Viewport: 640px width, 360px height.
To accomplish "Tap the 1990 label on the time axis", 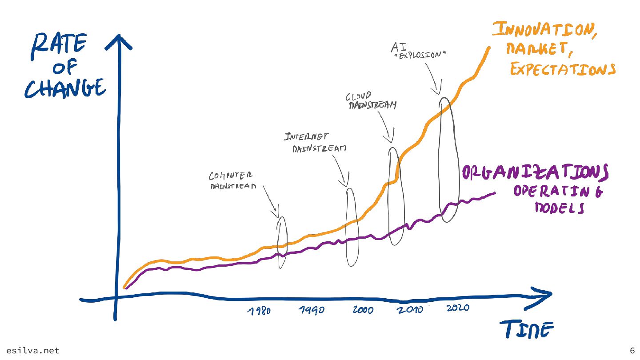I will tap(311, 310).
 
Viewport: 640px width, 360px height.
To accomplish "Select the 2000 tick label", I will tap(363, 310).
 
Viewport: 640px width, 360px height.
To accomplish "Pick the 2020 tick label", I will tap(457, 308).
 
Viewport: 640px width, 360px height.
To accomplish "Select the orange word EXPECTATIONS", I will tap(563, 70).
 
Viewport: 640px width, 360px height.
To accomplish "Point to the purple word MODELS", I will tap(559, 208).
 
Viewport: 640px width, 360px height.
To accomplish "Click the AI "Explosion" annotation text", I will tap(418, 50).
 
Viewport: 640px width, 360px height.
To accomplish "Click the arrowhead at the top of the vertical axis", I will tap(118, 41).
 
